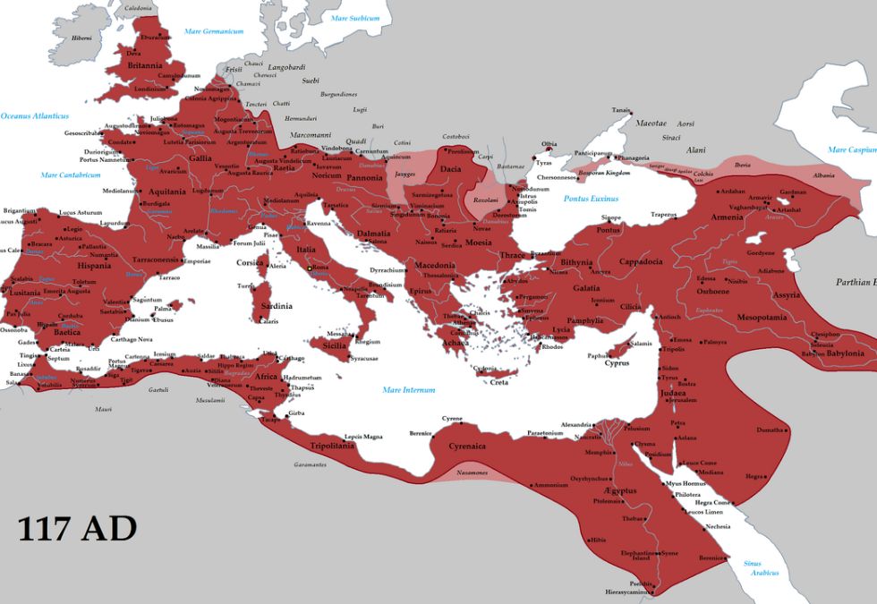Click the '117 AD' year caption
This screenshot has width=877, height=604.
coord(77,528)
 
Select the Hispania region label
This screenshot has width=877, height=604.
coord(94,266)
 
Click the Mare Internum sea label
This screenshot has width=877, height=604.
coord(408,389)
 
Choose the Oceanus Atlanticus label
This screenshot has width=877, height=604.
coord(34,116)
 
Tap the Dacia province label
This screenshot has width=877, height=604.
coord(449,167)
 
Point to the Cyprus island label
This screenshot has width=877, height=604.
coord(617,363)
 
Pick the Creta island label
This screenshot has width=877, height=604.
coord(499,382)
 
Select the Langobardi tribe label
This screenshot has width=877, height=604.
coord(287,67)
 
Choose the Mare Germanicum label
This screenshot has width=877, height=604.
coord(214,31)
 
